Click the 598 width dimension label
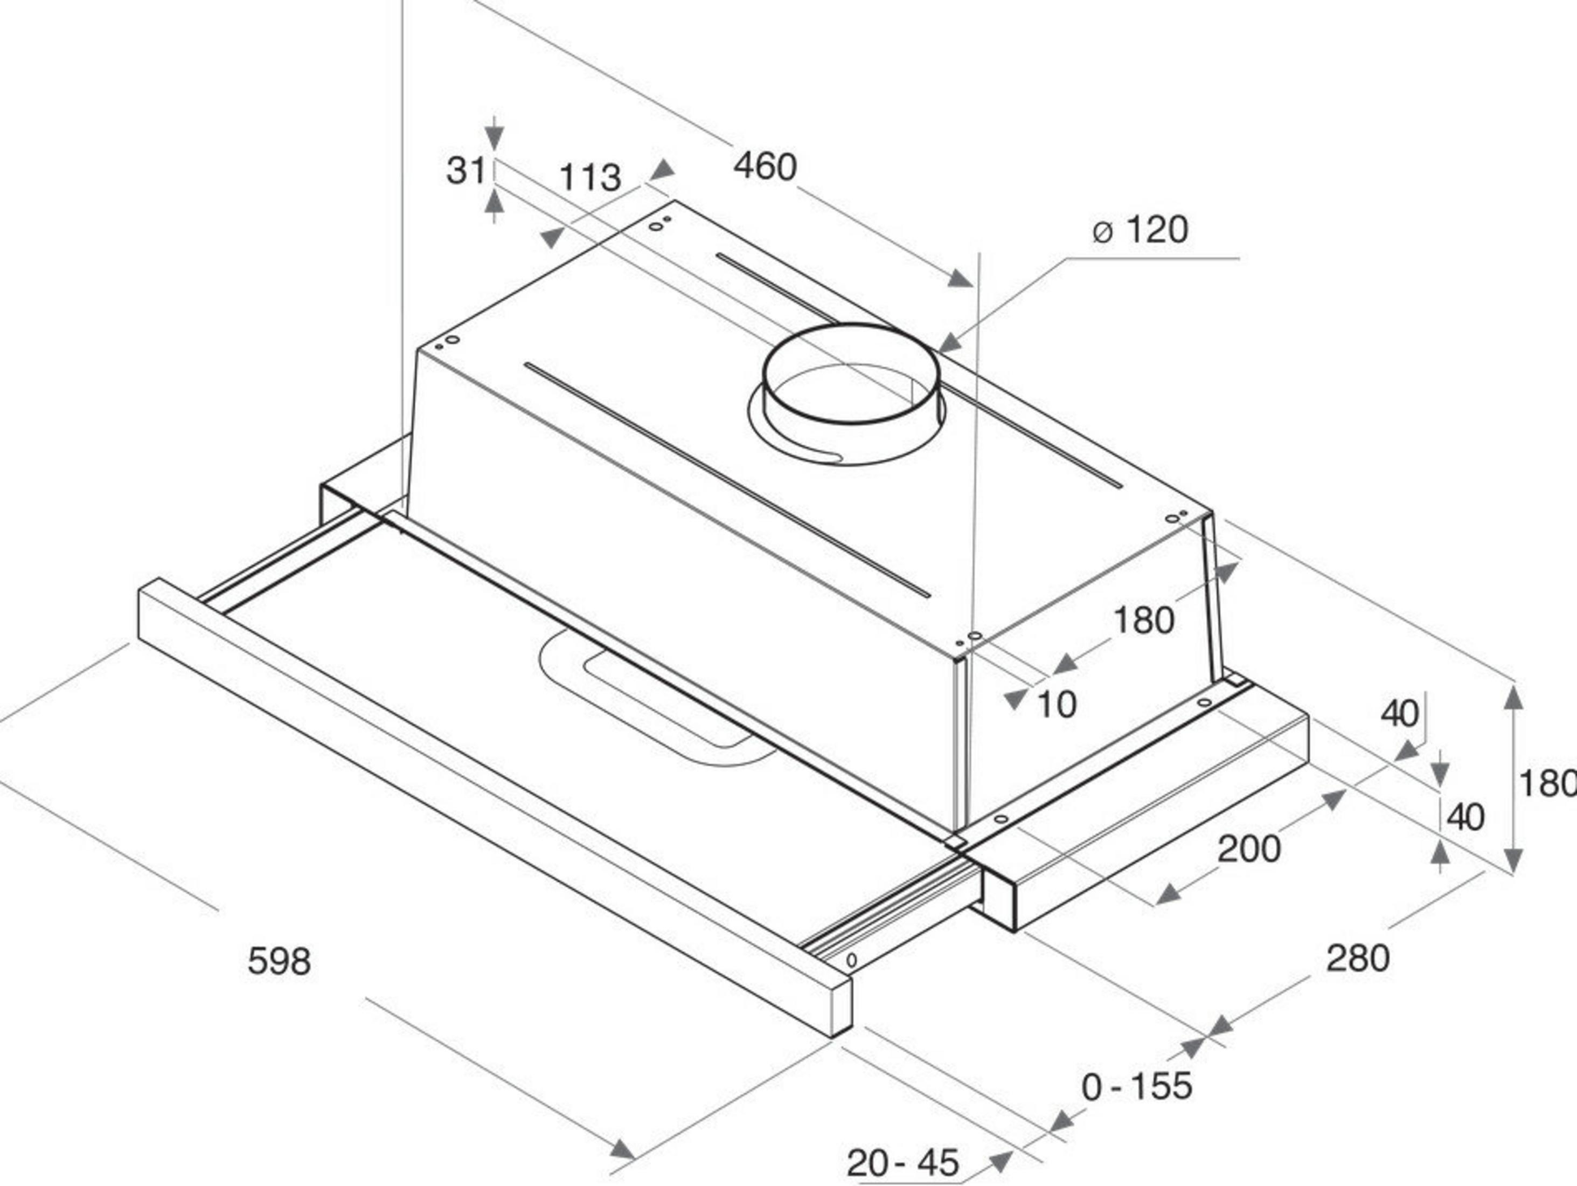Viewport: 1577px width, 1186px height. point(279,961)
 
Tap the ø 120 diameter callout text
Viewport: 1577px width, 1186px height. point(1141,230)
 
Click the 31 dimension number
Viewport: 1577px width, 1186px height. point(466,170)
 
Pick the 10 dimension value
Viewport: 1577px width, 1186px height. point(1057,705)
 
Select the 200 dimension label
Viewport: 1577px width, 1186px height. point(1249,849)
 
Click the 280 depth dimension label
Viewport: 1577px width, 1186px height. point(1357,958)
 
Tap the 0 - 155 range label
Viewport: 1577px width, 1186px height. point(1136,1086)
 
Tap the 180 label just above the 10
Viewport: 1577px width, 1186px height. point(1143,620)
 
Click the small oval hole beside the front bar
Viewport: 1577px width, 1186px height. point(851,961)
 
